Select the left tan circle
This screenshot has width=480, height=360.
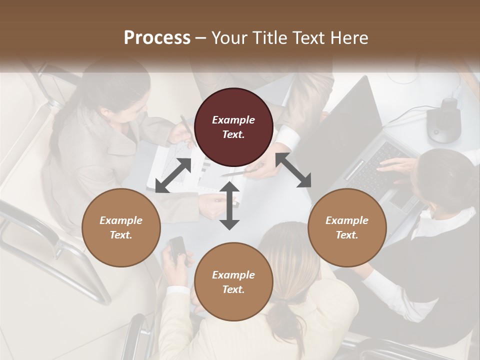point(121,228)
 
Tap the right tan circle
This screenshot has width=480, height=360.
point(347,228)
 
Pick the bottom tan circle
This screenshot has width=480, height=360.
point(233,282)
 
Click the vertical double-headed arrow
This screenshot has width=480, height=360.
point(229,205)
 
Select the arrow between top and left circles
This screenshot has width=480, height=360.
point(173,175)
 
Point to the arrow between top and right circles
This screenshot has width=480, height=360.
point(293,170)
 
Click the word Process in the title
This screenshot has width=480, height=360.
point(157,37)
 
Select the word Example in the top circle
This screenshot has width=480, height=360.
point(233,120)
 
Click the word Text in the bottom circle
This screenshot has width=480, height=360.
point(232,289)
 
